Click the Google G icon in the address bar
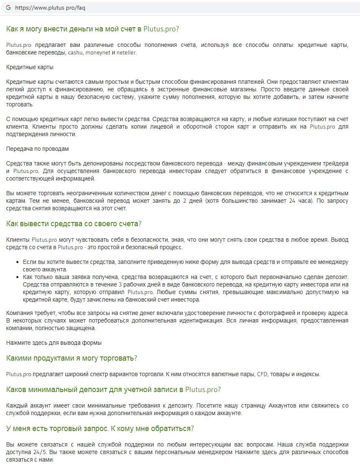click(x=8, y=8)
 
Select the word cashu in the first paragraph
click(x=75, y=53)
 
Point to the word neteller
click(x=127, y=53)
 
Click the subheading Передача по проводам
click(x=38, y=149)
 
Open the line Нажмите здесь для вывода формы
click(x=54, y=343)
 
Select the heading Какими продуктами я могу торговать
click(x=72, y=358)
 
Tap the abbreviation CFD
click(x=262, y=374)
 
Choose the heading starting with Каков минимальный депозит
click(x=113, y=390)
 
